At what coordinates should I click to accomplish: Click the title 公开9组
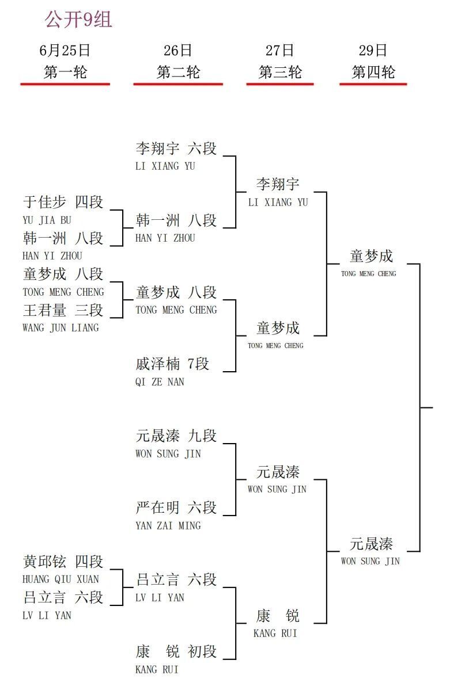pyautogui.click(x=78, y=20)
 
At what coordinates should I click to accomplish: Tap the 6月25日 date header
pyautogui.click(x=65, y=51)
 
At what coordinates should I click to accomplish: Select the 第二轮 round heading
pyautogui.click(x=178, y=73)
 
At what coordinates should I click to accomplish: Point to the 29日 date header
pyautogui.click(x=373, y=51)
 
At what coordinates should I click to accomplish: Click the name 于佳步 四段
pyautogui.click(x=63, y=202)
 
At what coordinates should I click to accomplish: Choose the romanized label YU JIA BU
pyautogui.click(x=47, y=220)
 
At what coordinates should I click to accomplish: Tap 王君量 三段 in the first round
pyautogui.click(x=63, y=310)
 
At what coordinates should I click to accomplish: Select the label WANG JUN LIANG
pyautogui.click(x=61, y=328)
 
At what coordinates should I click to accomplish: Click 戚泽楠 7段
pyautogui.click(x=172, y=364)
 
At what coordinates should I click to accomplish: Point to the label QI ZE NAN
pyautogui.click(x=160, y=382)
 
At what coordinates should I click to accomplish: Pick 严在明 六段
pyautogui.click(x=176, y=508)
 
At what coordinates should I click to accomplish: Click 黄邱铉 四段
pyautogui.click(x=63, y=562)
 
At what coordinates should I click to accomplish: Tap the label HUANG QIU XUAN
pyautogui.click(x=61, y=579)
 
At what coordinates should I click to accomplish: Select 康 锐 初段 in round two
pyautogui.click(x=176, y=651)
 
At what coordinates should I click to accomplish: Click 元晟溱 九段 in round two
pyautogui.click(x=176, y=436)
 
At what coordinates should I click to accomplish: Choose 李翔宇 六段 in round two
pyautogui.click(x=176, y=148)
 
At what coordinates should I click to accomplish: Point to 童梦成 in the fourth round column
pyautogui.click(x=371, y=256)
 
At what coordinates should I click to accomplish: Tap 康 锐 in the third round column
pyautogui.click(x=278, y=615)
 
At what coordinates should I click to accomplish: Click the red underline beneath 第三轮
pyautogui.click(x=280, y=84)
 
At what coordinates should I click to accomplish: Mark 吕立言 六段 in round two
pyautogui.click(x=176, y=579)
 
